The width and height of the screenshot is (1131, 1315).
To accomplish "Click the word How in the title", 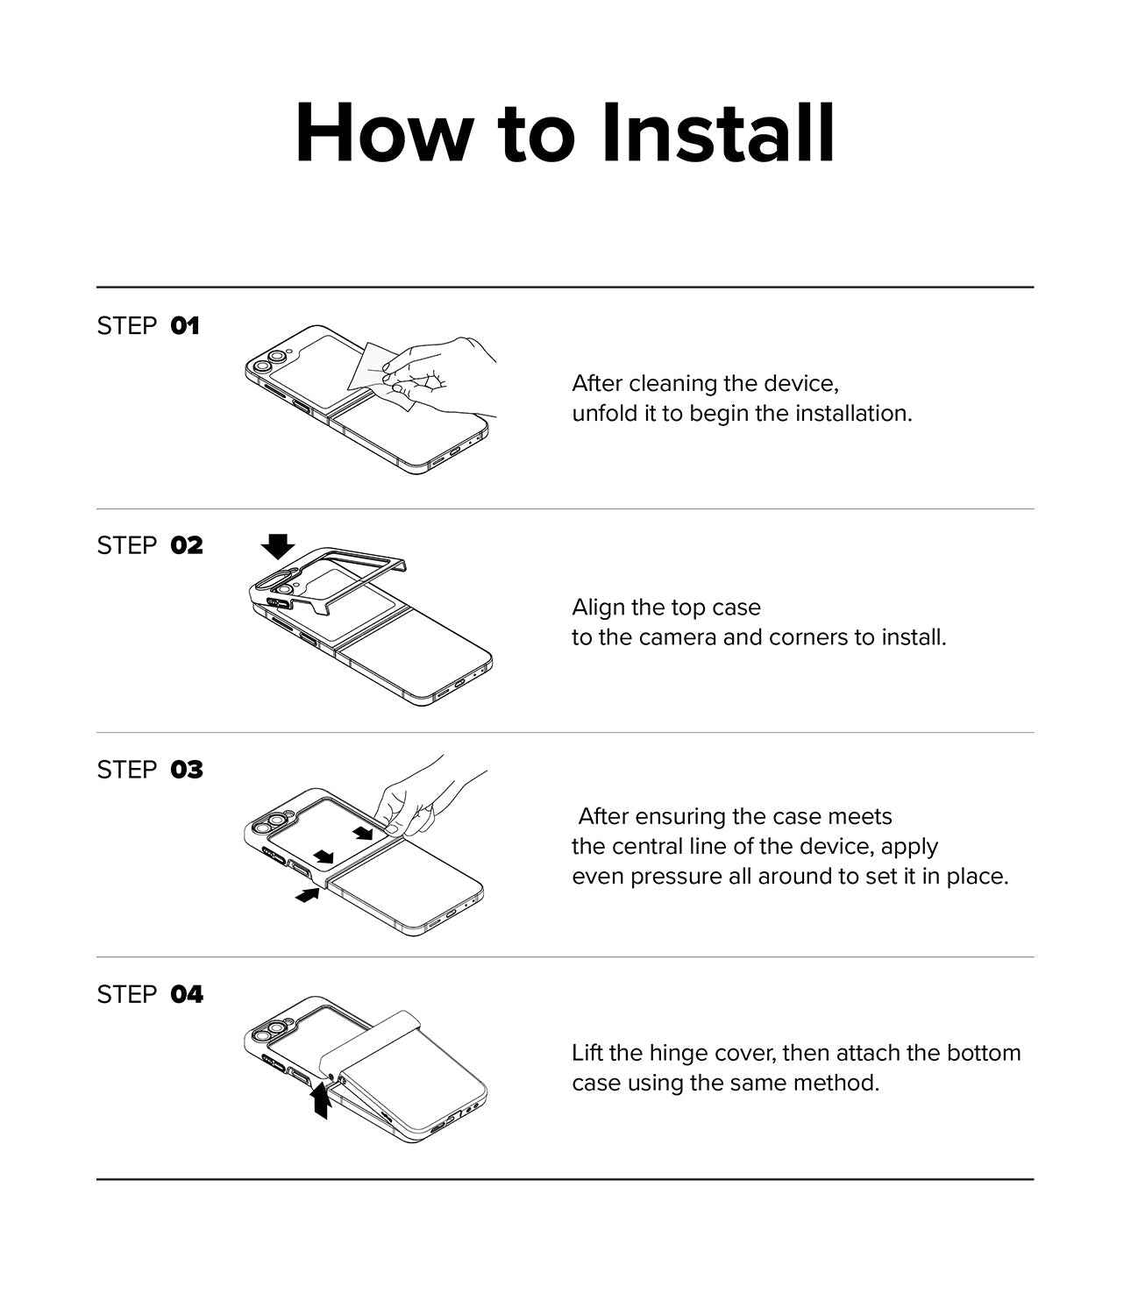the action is click(x=384, y=133).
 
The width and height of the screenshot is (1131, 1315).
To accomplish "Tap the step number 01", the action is click(x=184, y=326).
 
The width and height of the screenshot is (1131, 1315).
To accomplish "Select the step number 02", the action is click(x=187, y=545).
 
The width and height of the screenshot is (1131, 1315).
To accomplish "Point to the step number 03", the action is click(x=187, y=770).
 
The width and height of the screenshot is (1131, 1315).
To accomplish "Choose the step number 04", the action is click(x=187, y=994).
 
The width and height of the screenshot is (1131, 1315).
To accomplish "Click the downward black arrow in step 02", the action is click(x=278, y=546).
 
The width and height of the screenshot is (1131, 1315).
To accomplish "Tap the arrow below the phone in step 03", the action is click(x=307, y=895).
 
